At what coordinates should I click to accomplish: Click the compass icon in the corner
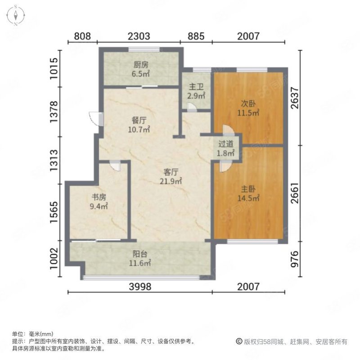pyautogui.click(x=15, y=15)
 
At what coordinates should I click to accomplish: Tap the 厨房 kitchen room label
pyautogui.click(x=141, y=65)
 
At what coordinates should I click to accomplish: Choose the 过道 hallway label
pyautogui.click(x=226, y=144)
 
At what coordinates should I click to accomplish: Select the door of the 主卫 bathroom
pyautogui.click(x=192, y=108)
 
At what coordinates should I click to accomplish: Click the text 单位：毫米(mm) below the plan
pyautogui.click(x=33, y=334)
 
